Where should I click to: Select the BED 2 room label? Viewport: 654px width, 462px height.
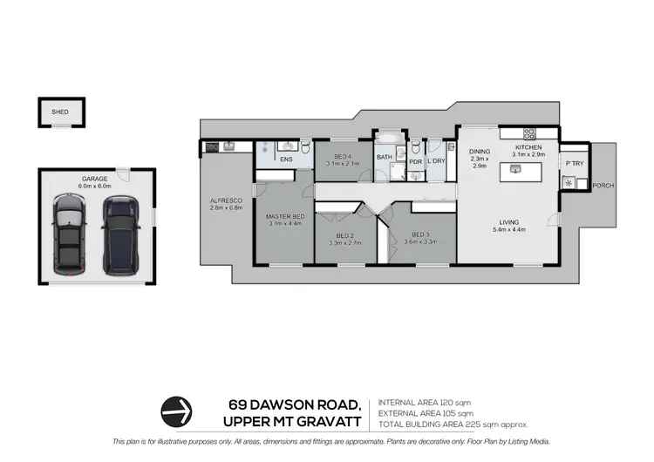[345, 235]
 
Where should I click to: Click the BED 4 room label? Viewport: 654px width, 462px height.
[343, 159]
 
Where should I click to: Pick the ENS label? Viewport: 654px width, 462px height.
[285, 160]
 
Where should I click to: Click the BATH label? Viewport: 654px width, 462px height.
[385, 157]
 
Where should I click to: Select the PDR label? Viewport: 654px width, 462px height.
[415, 160]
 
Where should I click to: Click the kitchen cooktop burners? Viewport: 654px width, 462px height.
[528, 133]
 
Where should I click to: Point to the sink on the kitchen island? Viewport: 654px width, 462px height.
[516, 170]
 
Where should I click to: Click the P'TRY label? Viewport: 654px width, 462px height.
[574, 163]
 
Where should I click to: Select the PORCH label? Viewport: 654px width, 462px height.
[603, 186]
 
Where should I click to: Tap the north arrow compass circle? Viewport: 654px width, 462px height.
[177, 410]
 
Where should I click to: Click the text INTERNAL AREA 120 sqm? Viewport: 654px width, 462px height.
[425, 402]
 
